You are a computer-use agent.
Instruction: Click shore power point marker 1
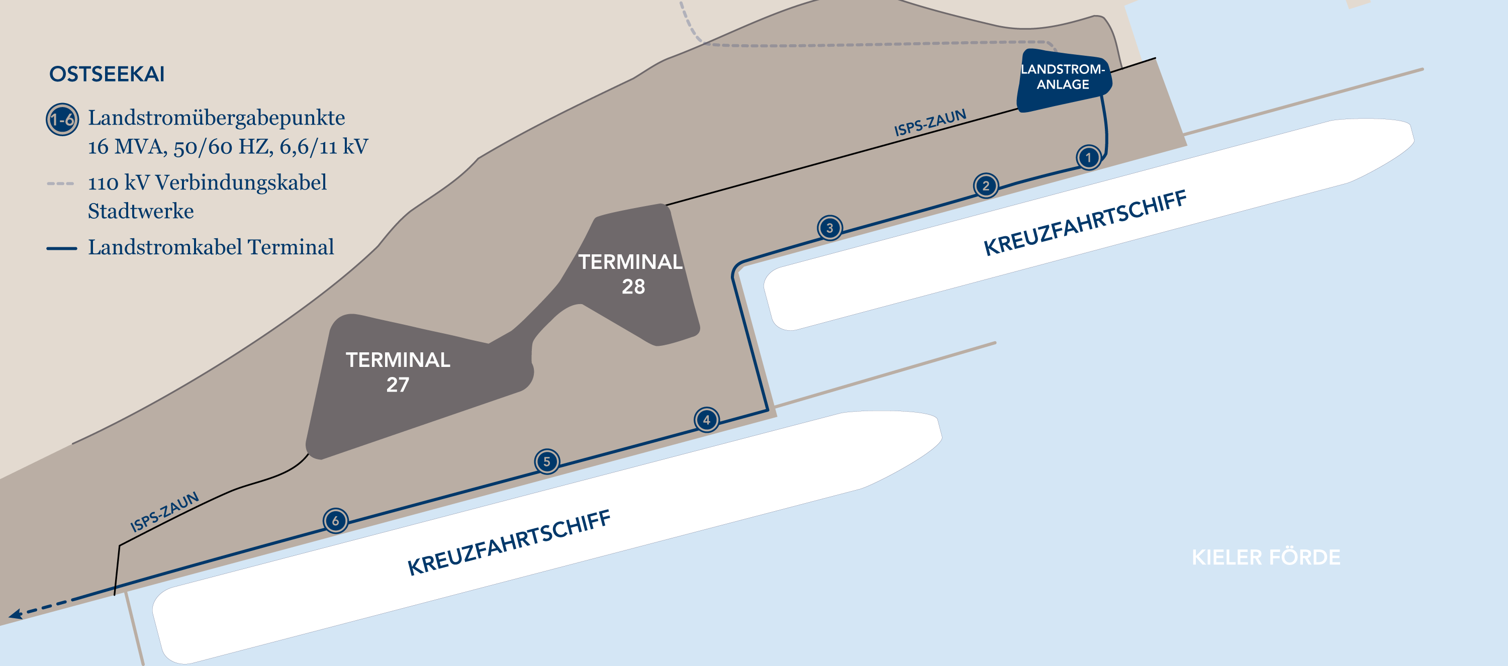(1088, 157)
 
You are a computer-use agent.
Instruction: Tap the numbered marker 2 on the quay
(986, 186)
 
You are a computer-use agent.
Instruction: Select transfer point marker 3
(829, 228)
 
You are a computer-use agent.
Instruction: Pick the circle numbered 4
(707, 420)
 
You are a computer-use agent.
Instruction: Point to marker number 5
(547, 461)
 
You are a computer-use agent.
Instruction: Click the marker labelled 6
(335, 521)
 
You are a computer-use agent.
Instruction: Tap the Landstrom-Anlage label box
(1063, 80)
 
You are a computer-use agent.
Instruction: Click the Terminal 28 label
(631, 274)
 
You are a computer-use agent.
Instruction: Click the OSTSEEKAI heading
(107, 74)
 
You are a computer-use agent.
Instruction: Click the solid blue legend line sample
(61, 248)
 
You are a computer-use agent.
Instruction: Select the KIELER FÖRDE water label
(1266, 557)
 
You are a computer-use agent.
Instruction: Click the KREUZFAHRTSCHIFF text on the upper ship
(1085, 223)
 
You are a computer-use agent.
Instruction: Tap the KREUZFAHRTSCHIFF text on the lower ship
(509, 542)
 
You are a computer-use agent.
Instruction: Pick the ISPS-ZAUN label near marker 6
(164, 512)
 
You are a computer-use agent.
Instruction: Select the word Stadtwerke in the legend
(141, 211)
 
